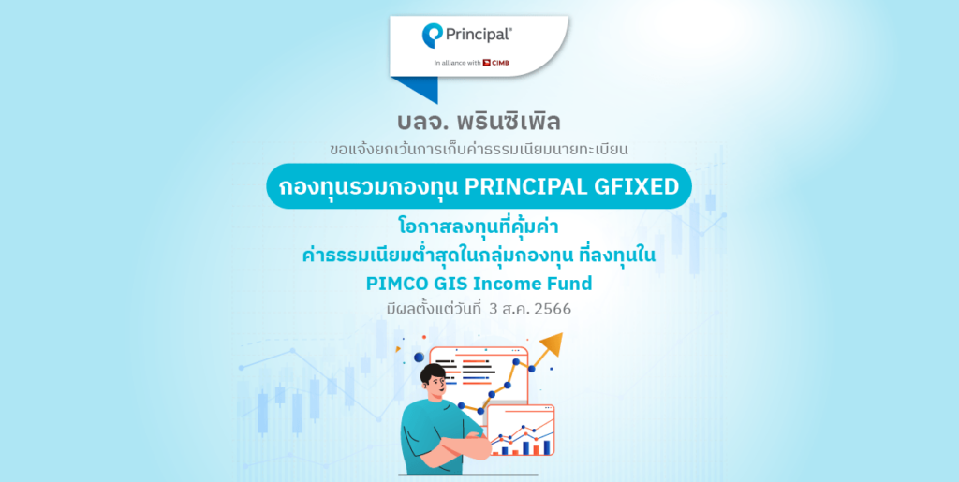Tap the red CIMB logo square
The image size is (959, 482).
487,64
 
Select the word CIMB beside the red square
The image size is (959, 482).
501,64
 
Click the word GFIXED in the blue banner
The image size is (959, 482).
636,187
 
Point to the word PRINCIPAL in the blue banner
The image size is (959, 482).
524,187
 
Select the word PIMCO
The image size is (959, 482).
398,282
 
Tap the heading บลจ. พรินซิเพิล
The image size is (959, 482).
479,123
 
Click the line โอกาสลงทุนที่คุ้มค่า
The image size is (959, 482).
479,228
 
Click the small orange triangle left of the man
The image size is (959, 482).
405,357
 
